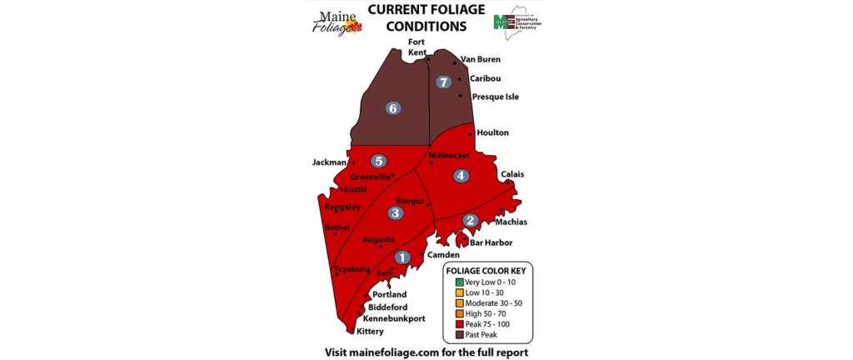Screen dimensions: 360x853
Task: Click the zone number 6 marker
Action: (393, 107)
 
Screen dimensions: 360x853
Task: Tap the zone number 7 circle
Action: (444, 82)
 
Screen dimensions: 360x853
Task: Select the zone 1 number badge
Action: (403, 257)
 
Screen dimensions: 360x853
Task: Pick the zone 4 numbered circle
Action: (460, 175)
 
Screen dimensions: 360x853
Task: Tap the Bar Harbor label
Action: (491, 242)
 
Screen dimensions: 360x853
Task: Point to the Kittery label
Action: (370, 332)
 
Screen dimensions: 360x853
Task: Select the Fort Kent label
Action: (417, 47)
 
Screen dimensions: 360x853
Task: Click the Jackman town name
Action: (328, 162)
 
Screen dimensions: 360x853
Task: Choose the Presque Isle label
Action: (496, 97)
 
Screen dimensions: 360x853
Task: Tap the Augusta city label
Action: (378, 239)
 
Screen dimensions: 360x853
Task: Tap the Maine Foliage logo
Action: (338, 22)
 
